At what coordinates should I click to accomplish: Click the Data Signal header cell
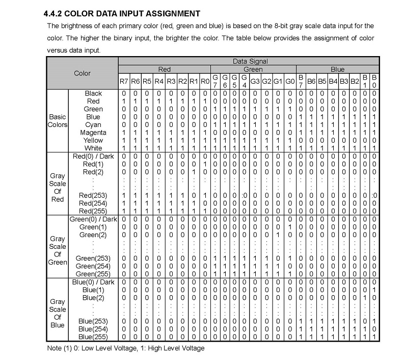point(250,61)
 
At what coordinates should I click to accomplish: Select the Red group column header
point(165,69)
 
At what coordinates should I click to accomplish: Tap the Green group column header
point(253,69)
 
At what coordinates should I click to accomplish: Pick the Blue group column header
point(338,69)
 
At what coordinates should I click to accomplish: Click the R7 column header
point(124,81)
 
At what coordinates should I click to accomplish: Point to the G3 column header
point(255,81)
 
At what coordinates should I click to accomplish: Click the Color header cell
point(83,73)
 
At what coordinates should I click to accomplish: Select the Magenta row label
point(93,133)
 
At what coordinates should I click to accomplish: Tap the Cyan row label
point(93,124)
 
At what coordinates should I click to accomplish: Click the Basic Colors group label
point(58,121)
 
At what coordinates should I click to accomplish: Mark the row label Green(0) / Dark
point(92,219)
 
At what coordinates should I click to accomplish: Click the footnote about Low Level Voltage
point(125,348)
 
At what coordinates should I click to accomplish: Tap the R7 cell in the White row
point(124,148)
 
